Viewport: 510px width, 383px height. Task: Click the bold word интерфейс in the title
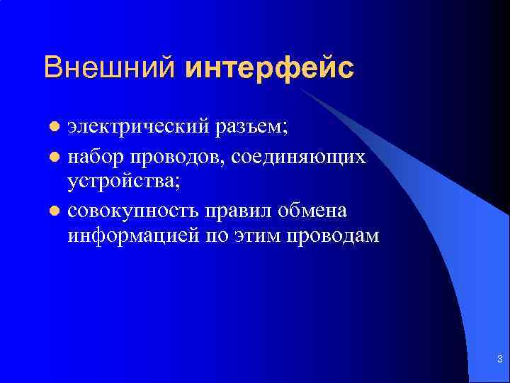click(x=269, y=68)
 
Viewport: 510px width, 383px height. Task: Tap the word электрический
click(x=137, y=128)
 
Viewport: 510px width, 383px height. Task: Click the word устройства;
click(x=124, y=182)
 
